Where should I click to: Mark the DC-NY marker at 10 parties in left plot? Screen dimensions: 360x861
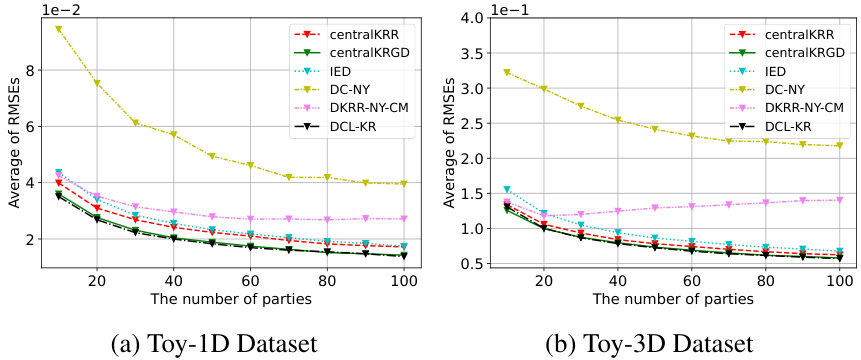(x=59, y=29)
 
